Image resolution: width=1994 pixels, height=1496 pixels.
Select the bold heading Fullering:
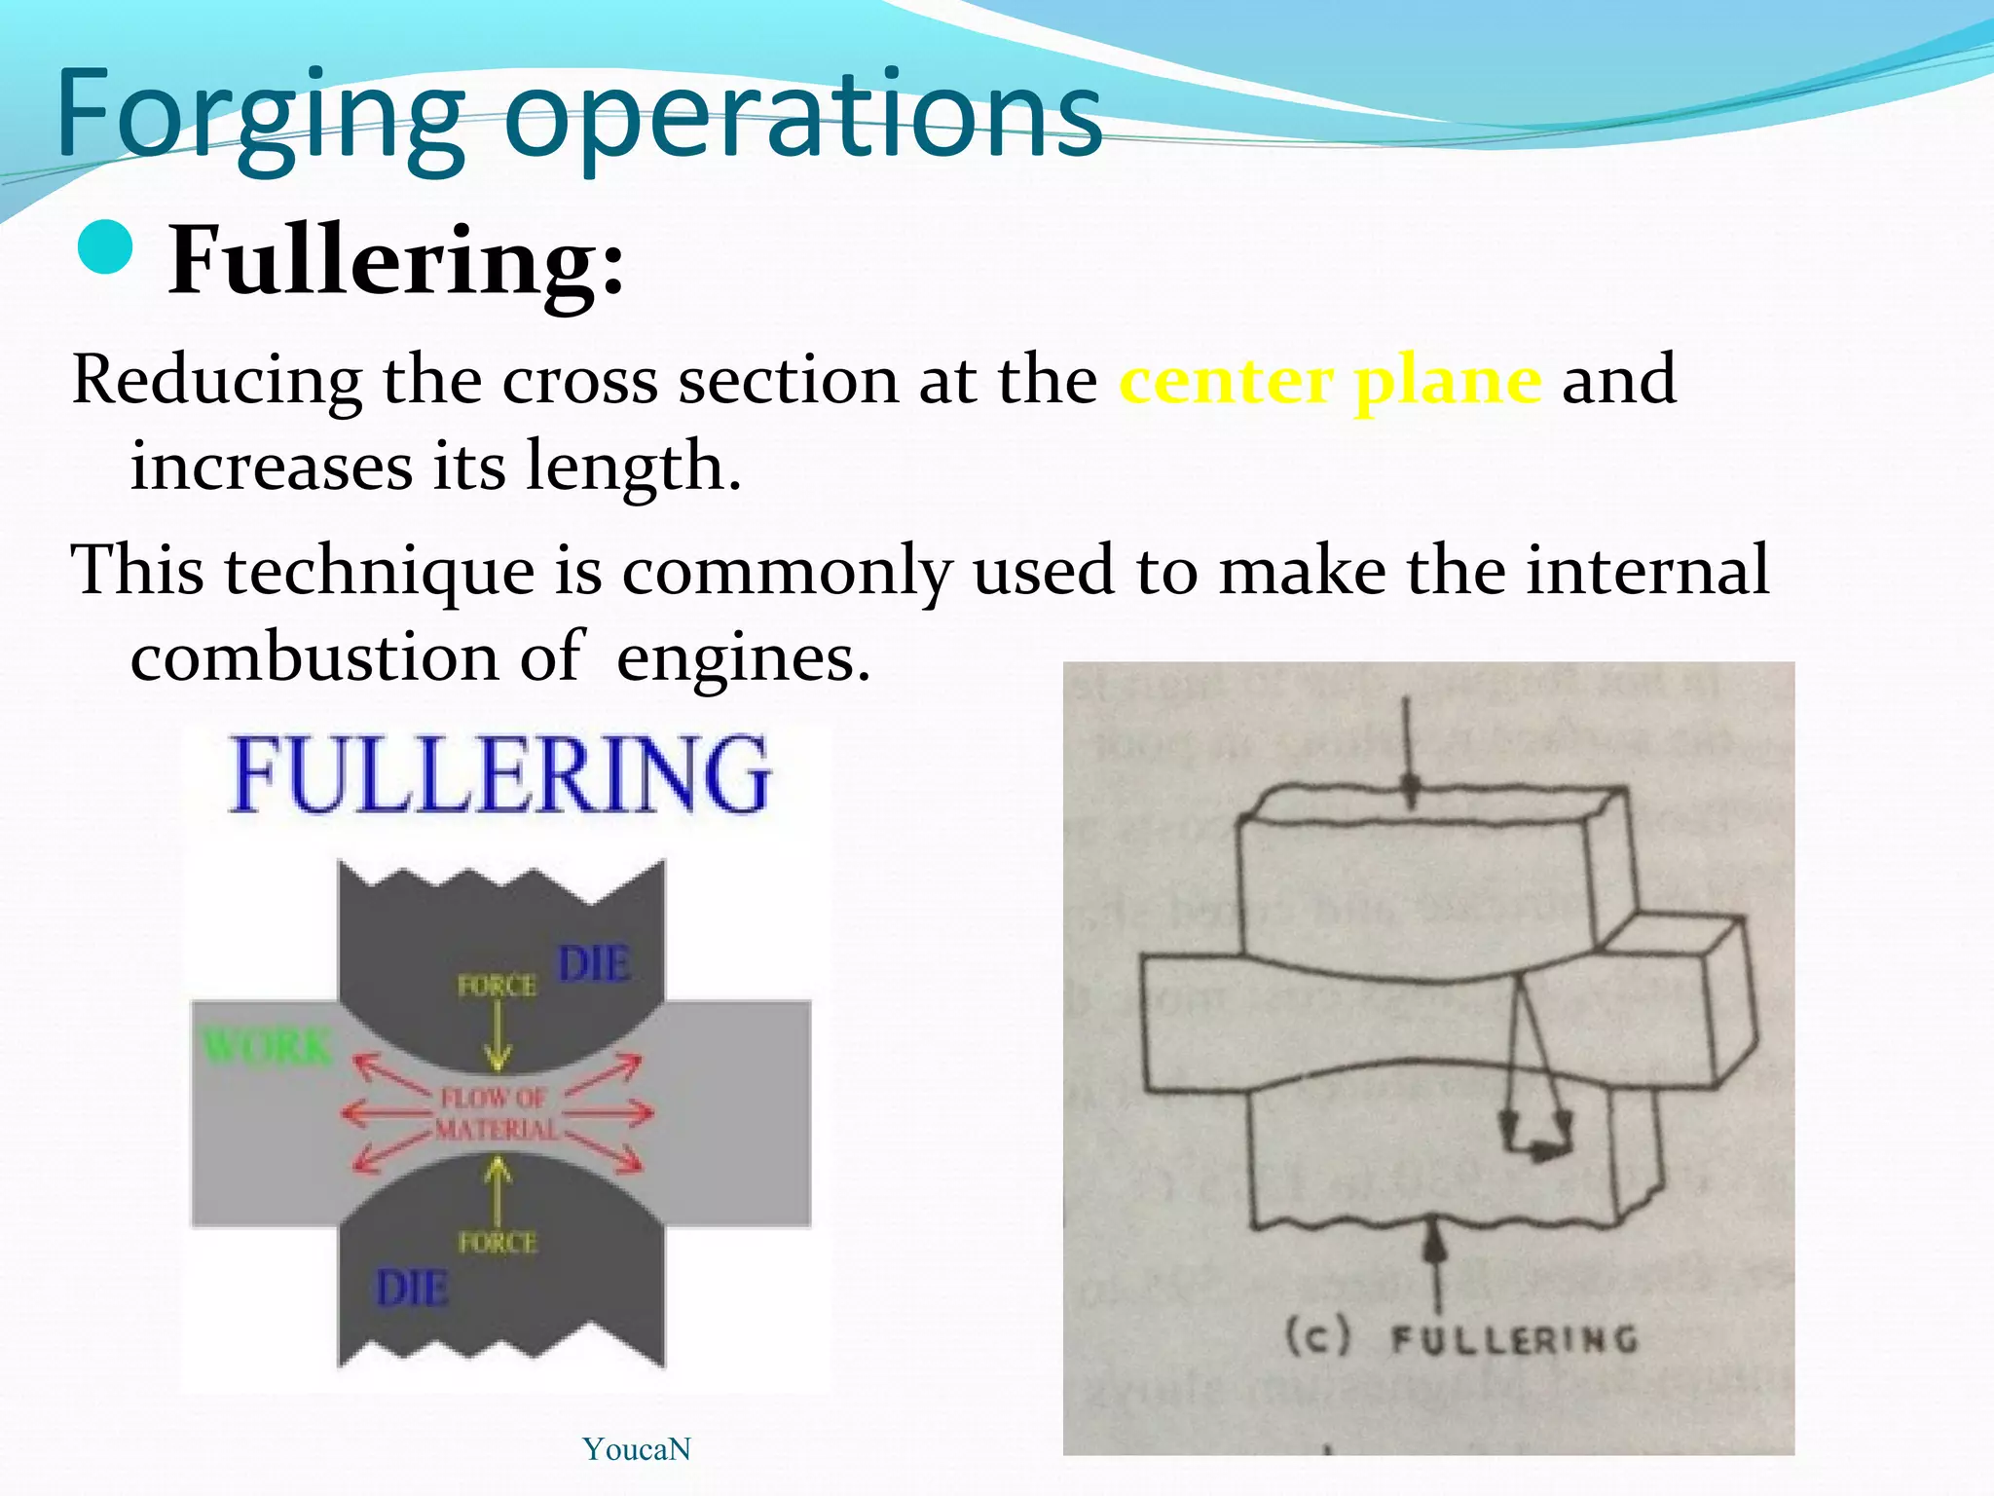pyautogui.click(x=396, y=261)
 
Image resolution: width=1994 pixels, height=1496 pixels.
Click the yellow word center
pyautogui.click(x=1226, y=380)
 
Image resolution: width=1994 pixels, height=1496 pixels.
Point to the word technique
pyautogui.click(x=380, y=571)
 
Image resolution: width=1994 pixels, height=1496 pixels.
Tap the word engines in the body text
pyautogui.click(x=742, y=659)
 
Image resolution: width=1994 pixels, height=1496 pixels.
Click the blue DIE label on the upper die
pyautogui.click(x=594, y=964)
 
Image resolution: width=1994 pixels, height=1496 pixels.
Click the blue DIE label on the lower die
pyautogui.click(x=413, y=1289)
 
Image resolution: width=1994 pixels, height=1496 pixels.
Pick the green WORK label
pyautogui.click(x=267, y=1048)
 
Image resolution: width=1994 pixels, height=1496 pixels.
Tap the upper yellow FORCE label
pyautogui.click(x=497, y=987)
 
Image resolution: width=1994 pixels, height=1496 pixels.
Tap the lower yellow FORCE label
pyautogui.click(x=497, y=1243)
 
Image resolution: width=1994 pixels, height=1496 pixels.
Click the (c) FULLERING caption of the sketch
pyautogui.click(x=1460, y=1338)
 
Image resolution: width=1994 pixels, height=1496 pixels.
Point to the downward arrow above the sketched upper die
pyautogui.click(x=1408, y=750)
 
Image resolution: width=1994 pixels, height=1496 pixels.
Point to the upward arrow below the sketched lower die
pyautogui.click(x=1435, y=1266)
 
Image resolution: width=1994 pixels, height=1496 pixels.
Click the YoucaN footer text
pyautogui.click(x=637, y=1449)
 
